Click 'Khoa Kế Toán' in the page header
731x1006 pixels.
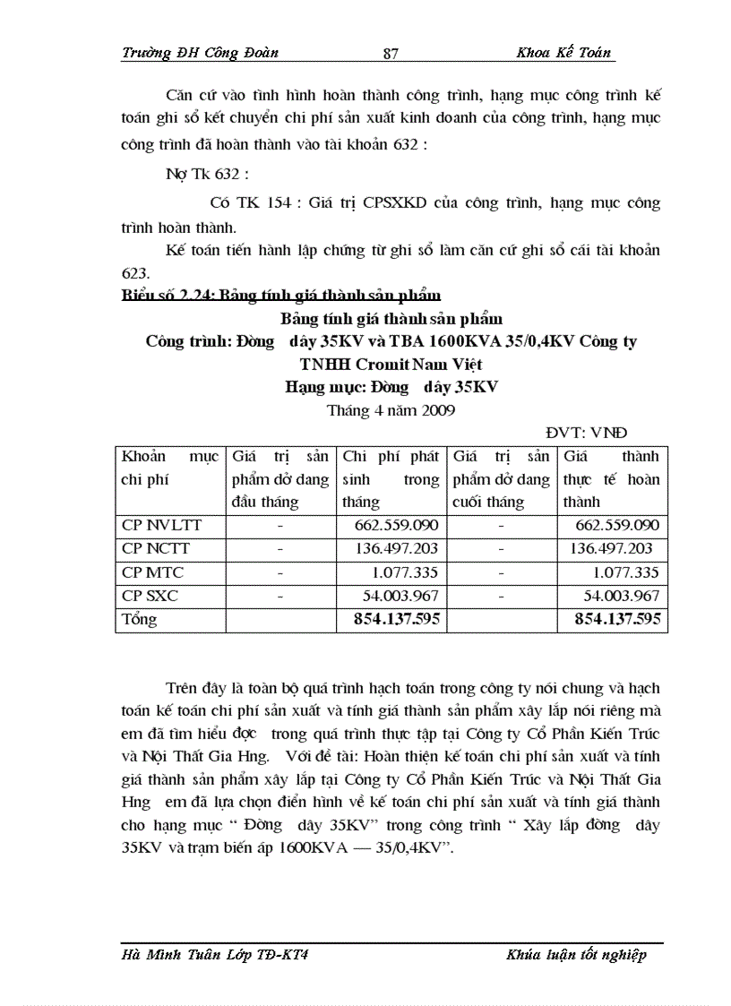click(563, 53)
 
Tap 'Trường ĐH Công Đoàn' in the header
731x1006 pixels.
click(200, 53)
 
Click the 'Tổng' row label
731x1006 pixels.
click(139, 619)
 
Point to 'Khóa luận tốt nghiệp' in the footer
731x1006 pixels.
click(575, 955)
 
